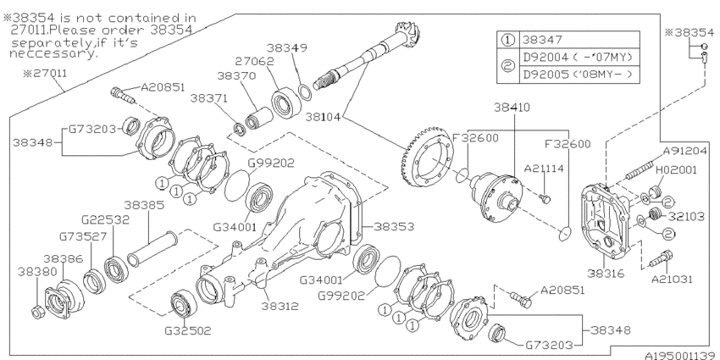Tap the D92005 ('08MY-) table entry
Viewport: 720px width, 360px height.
point(580,74)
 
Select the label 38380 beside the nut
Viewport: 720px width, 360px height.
point(31,274)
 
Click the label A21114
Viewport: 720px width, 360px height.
point(548,169)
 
